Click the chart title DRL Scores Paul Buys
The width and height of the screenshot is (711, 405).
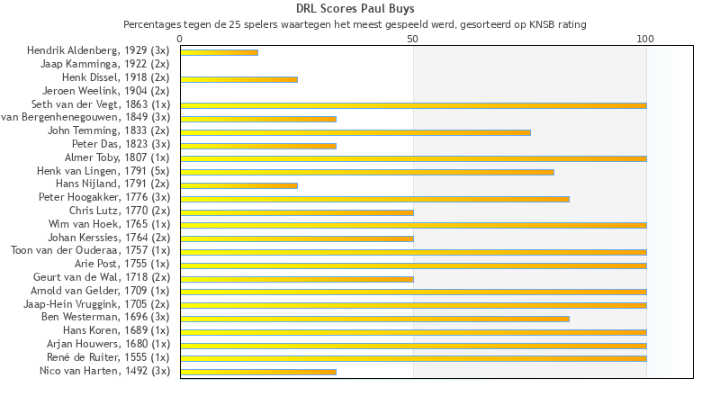click(x=355, y=9)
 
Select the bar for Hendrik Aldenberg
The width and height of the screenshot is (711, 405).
click(x=219, y=52)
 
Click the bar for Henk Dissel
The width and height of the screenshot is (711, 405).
click(x=238, y=79)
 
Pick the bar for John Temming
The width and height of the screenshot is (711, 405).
click(x=355, y=131)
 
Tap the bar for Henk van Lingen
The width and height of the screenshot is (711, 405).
click(x=366, y=171)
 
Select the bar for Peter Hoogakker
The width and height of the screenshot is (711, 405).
click(x=374, y=198)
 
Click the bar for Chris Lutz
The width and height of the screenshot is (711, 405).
click(x=297, y=211)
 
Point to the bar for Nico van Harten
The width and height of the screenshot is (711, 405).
click(x=258, y=371)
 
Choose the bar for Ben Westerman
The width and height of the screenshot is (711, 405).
click(x=374, y=318)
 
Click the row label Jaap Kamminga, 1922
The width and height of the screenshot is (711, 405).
click(x=104, y=64)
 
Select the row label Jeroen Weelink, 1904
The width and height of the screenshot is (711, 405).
click(x=105, y=91)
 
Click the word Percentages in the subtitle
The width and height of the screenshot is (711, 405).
click(x=150, y=24)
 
